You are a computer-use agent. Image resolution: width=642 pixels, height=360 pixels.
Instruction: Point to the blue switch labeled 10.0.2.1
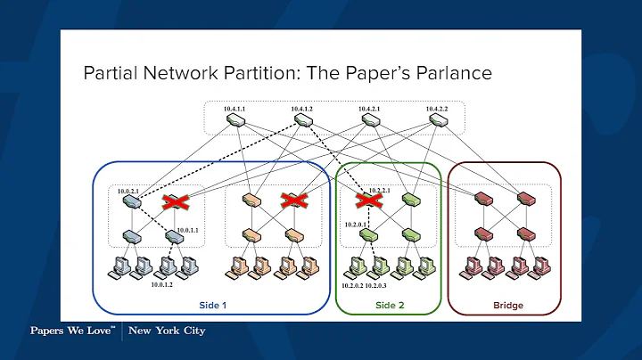click(131, 201)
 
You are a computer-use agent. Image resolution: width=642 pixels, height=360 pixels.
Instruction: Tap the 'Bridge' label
click(507, 305)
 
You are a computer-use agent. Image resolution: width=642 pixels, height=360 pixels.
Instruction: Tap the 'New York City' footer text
click(167, 331)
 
